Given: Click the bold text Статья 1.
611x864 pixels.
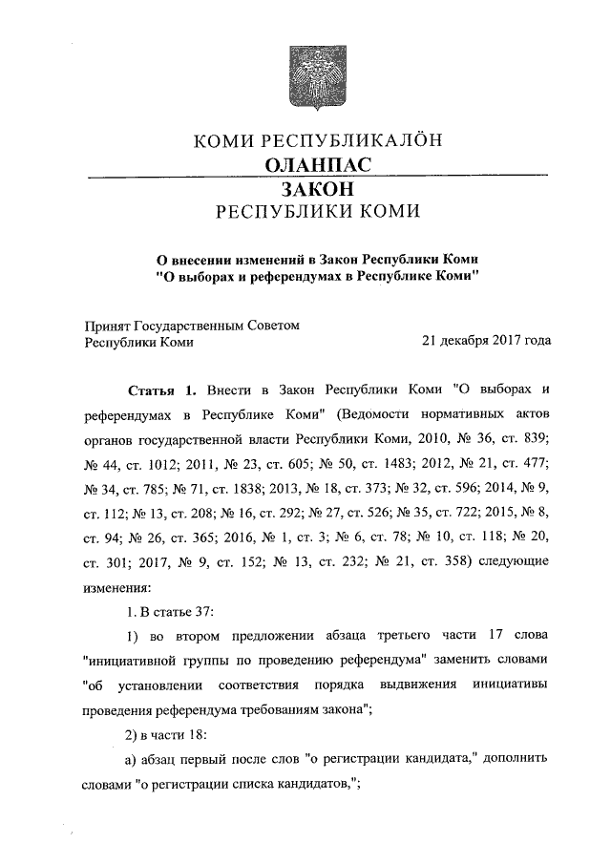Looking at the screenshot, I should pyautogui.click(x=161, y=391).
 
